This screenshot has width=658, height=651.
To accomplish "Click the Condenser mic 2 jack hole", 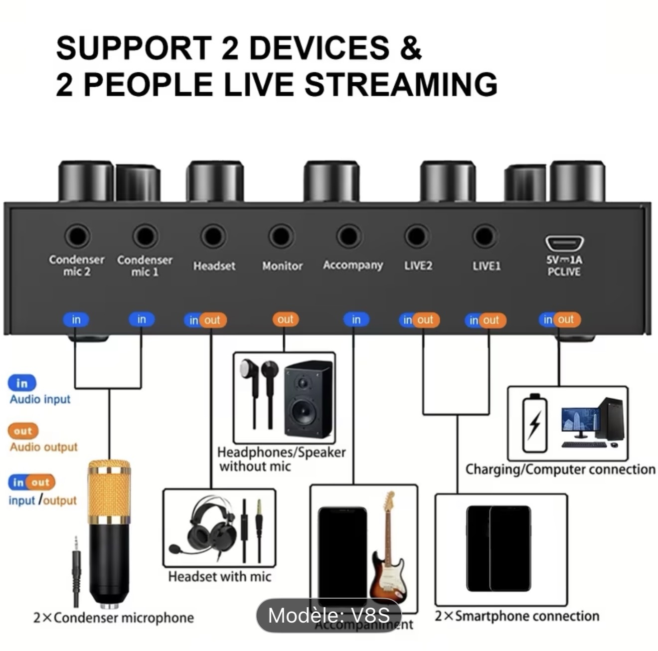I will [77, 236].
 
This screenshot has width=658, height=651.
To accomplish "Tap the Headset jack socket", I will [213, 236].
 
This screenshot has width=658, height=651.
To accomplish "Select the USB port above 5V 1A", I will [564, 243].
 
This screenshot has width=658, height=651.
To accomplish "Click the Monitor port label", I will [282, 266].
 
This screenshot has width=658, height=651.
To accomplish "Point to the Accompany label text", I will [353, 265].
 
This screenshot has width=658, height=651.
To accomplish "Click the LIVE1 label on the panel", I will [487, 266].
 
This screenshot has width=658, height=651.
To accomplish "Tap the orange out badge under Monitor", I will [285, 320].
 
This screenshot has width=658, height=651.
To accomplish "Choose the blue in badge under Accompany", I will [356, 320].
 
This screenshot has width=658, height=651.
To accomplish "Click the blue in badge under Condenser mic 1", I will [142, 320].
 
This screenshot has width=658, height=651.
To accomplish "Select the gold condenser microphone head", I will [109, 491].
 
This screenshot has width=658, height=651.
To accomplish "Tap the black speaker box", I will [308, 399].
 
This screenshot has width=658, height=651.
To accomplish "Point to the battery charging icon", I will [534, 424].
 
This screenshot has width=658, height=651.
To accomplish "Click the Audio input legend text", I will [40, 399].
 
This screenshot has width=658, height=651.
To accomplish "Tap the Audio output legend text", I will [44, 447].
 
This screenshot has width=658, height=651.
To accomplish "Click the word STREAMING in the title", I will [401, 84].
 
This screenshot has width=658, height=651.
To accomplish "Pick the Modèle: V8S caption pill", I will [329, 615].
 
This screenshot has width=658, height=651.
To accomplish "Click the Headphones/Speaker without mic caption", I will [281, 459].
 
